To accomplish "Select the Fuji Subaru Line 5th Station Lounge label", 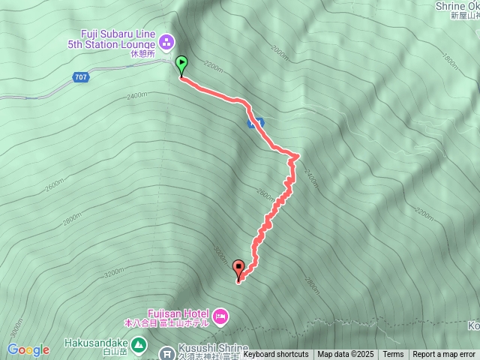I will point(120,40).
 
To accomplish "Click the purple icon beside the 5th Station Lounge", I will point(167,40).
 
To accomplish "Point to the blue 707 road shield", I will point(81,77).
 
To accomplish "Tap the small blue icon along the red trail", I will point(256,122).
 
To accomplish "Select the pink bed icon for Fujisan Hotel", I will point(220,316).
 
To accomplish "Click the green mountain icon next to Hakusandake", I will point(139,345).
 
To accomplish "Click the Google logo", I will point(28,349).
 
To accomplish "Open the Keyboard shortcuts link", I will point(275,355).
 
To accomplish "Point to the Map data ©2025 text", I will point(345,355).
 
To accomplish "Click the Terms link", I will point(393,355).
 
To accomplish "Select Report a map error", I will point(444,355).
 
